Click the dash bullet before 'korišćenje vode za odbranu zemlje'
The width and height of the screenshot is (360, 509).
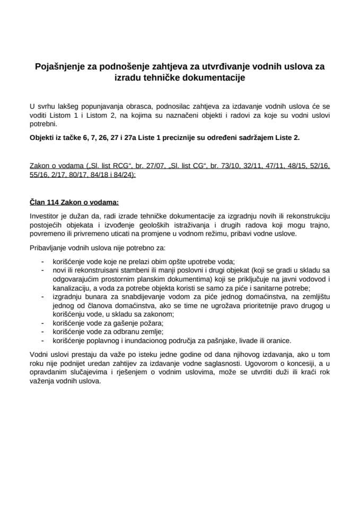42,332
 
